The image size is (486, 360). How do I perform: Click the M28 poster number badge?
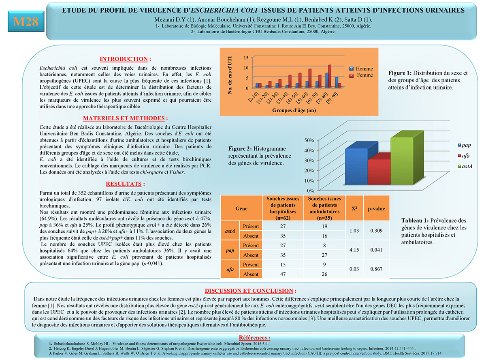[26, 22]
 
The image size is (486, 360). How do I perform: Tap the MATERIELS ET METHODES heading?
[125, 118]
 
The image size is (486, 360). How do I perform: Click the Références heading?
[254, 337]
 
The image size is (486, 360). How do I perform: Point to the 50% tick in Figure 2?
[309, 140]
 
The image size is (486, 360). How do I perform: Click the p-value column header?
[376, 209]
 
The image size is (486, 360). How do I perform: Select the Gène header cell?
[241, 209]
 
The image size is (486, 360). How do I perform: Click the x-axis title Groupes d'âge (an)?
[295, 110]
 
